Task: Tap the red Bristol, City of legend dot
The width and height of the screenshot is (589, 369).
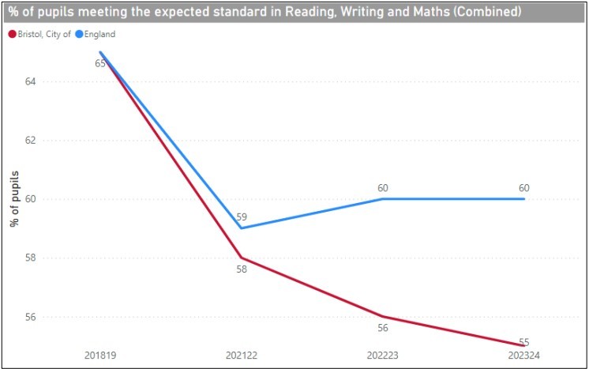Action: (x=12, y=34)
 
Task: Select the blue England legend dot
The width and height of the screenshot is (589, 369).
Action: (x=78, y=34)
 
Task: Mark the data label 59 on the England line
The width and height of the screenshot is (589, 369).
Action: (x=242, y=216)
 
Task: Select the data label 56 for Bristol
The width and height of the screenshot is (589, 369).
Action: (x=383, y=329)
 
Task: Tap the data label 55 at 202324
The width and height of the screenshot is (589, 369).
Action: (x=524, y=341)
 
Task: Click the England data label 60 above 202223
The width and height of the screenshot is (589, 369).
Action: (x=383, y=187)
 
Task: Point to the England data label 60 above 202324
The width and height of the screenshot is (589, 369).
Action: (x=524, y=187)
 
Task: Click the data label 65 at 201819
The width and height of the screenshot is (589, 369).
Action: (x=100, y=63)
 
